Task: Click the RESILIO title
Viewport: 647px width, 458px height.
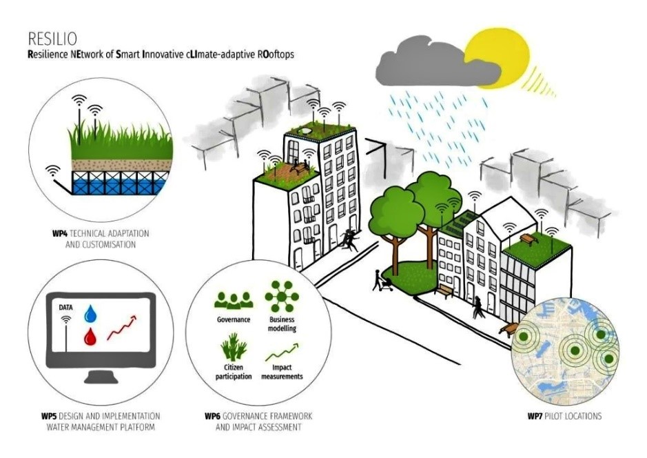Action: click(52, 39)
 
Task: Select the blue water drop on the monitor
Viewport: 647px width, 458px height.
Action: click(90, 313)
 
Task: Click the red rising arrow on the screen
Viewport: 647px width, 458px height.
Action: click(121, 328)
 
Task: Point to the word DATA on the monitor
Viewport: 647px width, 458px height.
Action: click(65, 308)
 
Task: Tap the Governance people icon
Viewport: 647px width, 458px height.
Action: click(234, 300)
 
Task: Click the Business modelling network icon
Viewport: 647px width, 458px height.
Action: click(282, 297)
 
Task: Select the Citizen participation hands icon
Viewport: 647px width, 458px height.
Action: click(234, 347)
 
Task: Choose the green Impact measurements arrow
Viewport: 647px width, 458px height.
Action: click(283, 352)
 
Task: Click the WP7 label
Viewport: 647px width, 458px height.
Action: click(535, 416)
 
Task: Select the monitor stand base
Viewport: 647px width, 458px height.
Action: click(101, 377)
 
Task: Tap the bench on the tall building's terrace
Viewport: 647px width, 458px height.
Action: click(300, 167)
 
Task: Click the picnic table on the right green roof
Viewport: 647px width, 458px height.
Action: click(529, 239)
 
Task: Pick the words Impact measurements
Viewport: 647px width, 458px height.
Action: click(283, 372)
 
